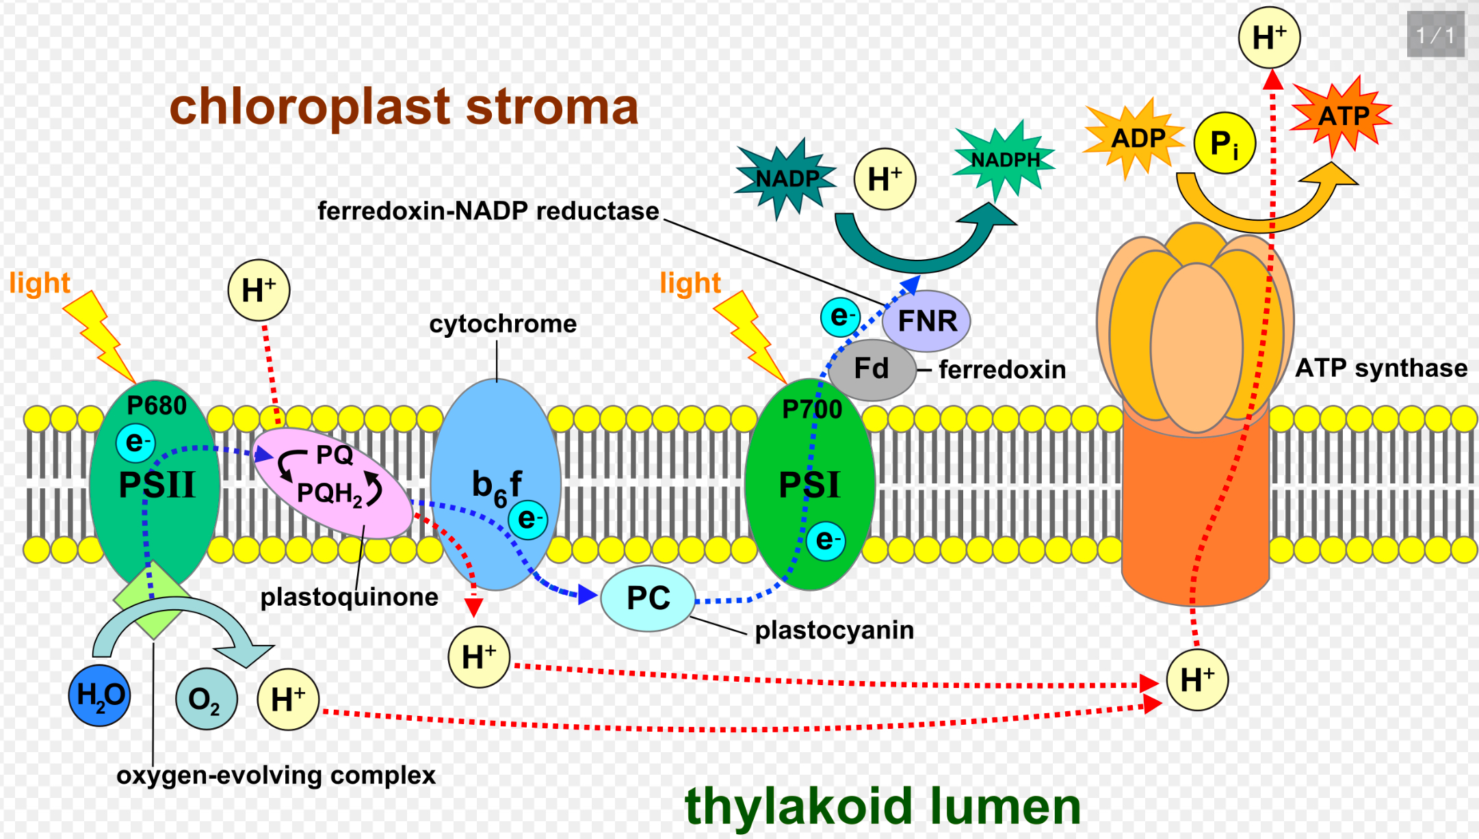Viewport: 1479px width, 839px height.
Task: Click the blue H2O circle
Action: (100, 695)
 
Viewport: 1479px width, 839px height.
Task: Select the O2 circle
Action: (206, 699)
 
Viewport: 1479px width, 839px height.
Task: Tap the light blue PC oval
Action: (648, 598)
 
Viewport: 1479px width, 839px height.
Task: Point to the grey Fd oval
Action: (872, 369)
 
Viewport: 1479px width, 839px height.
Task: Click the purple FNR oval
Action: (926, 321)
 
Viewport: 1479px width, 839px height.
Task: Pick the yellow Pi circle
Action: (1225, 143)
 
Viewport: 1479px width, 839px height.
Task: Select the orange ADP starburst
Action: (1135, 139)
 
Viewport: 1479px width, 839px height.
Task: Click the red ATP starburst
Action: (1341, 116)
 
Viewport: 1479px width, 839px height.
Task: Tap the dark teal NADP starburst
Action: (785, 178)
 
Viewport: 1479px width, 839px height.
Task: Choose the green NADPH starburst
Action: (1004, 159)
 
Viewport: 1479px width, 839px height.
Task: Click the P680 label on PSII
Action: (157, 406)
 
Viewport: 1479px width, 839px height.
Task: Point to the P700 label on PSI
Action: (812, 410)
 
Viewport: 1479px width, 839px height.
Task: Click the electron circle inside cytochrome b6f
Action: (527, 520)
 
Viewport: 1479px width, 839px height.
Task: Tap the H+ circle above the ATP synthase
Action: (1270, 38)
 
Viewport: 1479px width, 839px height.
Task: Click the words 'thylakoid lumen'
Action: (882, 806)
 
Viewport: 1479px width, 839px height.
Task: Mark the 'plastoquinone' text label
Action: (350, 598)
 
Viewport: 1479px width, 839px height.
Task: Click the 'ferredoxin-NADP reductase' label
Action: (488, 211)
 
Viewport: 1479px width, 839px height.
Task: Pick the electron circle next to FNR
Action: (841, 317)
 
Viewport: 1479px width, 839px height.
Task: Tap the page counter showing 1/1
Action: (1435, 34)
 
